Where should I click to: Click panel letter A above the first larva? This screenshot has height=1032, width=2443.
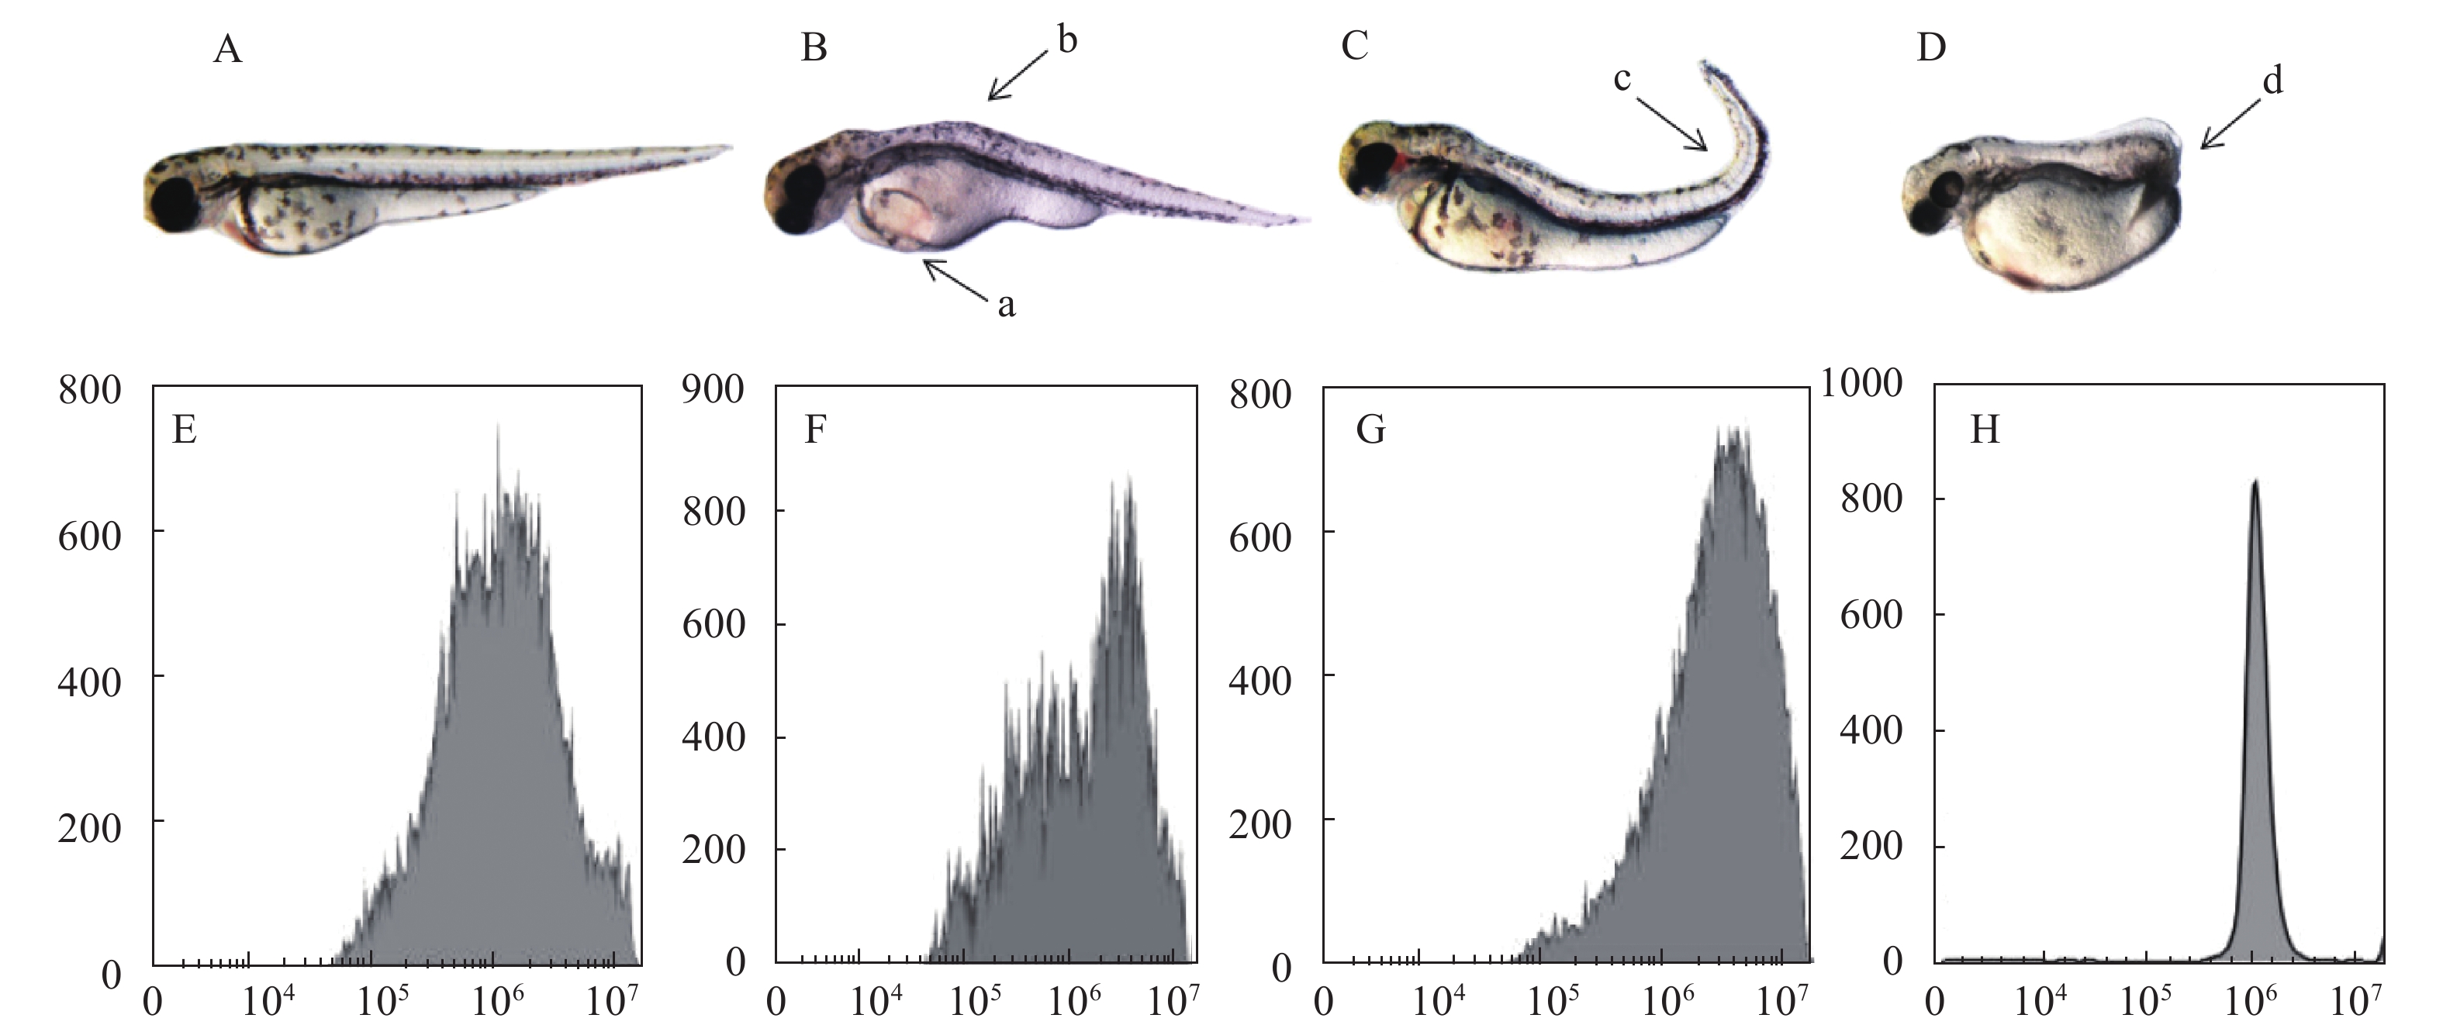tap(227, 48)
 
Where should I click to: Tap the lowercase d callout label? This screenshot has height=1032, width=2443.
tap(2272, 81)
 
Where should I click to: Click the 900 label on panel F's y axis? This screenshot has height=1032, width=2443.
tap(714, 389)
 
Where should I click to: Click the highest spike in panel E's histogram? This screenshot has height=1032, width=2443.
tap(497, 427)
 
